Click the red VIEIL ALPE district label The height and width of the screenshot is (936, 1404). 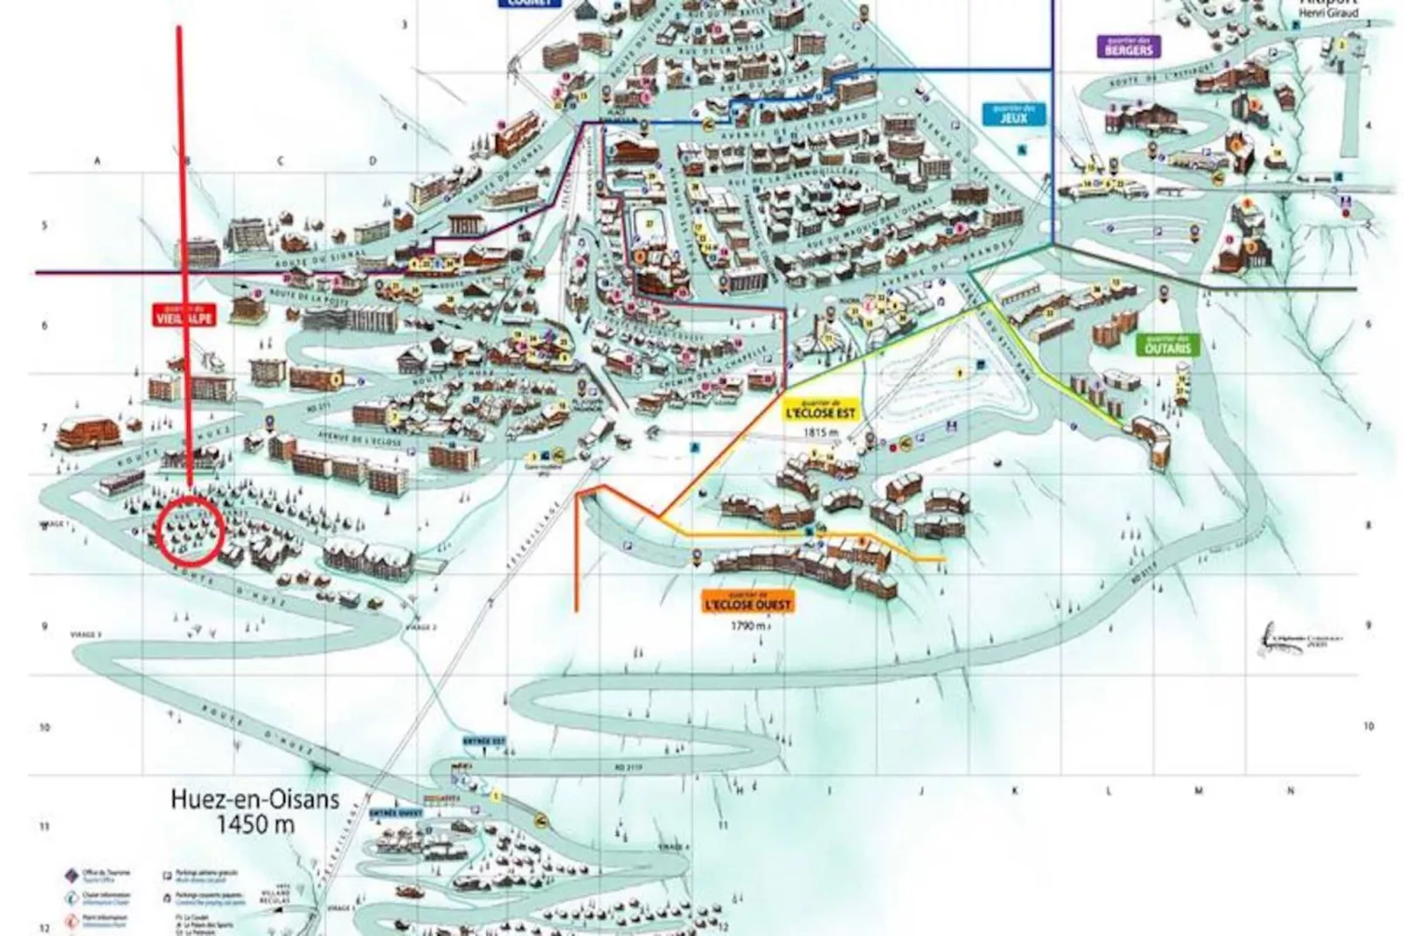click(x=184, y=316)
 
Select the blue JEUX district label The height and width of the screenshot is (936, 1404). click(x=1013, y=115)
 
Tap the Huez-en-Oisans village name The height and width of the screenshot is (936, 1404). click(x=255, y=799)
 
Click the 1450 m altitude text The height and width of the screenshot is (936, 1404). click(x=255, y=824)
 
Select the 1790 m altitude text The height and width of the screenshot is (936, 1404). click(x=750, y=626)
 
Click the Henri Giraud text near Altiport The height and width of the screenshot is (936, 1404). click(x=1330, y=14)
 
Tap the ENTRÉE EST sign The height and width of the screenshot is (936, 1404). click(x=484, y=741)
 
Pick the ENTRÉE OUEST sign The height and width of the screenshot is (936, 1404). click(x=396, y=812)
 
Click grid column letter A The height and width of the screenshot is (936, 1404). click(x=98, y=161)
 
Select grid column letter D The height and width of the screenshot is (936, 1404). click(x=373, y=161)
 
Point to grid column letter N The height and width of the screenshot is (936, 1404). click(x=1290, y=791)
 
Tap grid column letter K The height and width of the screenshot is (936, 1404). click(x=1016, y=791)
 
